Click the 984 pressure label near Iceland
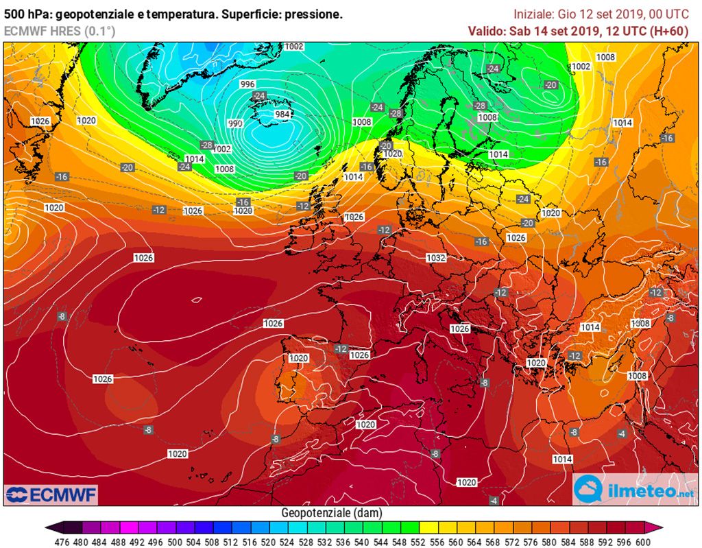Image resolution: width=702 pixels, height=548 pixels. (282, 115)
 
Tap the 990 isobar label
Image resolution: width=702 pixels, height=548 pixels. (235, 123)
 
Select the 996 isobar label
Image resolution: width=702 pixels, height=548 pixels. (247, 84)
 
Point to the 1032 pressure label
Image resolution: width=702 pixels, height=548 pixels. (436, 258)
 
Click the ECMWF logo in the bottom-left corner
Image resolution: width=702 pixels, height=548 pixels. (51, 495)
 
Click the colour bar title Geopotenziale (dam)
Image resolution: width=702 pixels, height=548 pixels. (332, 513)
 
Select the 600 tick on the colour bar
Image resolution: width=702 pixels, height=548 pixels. (642, 542)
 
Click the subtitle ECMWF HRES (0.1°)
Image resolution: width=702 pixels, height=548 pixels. (60, 31)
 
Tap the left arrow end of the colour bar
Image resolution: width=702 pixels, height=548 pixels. (50, 527)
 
